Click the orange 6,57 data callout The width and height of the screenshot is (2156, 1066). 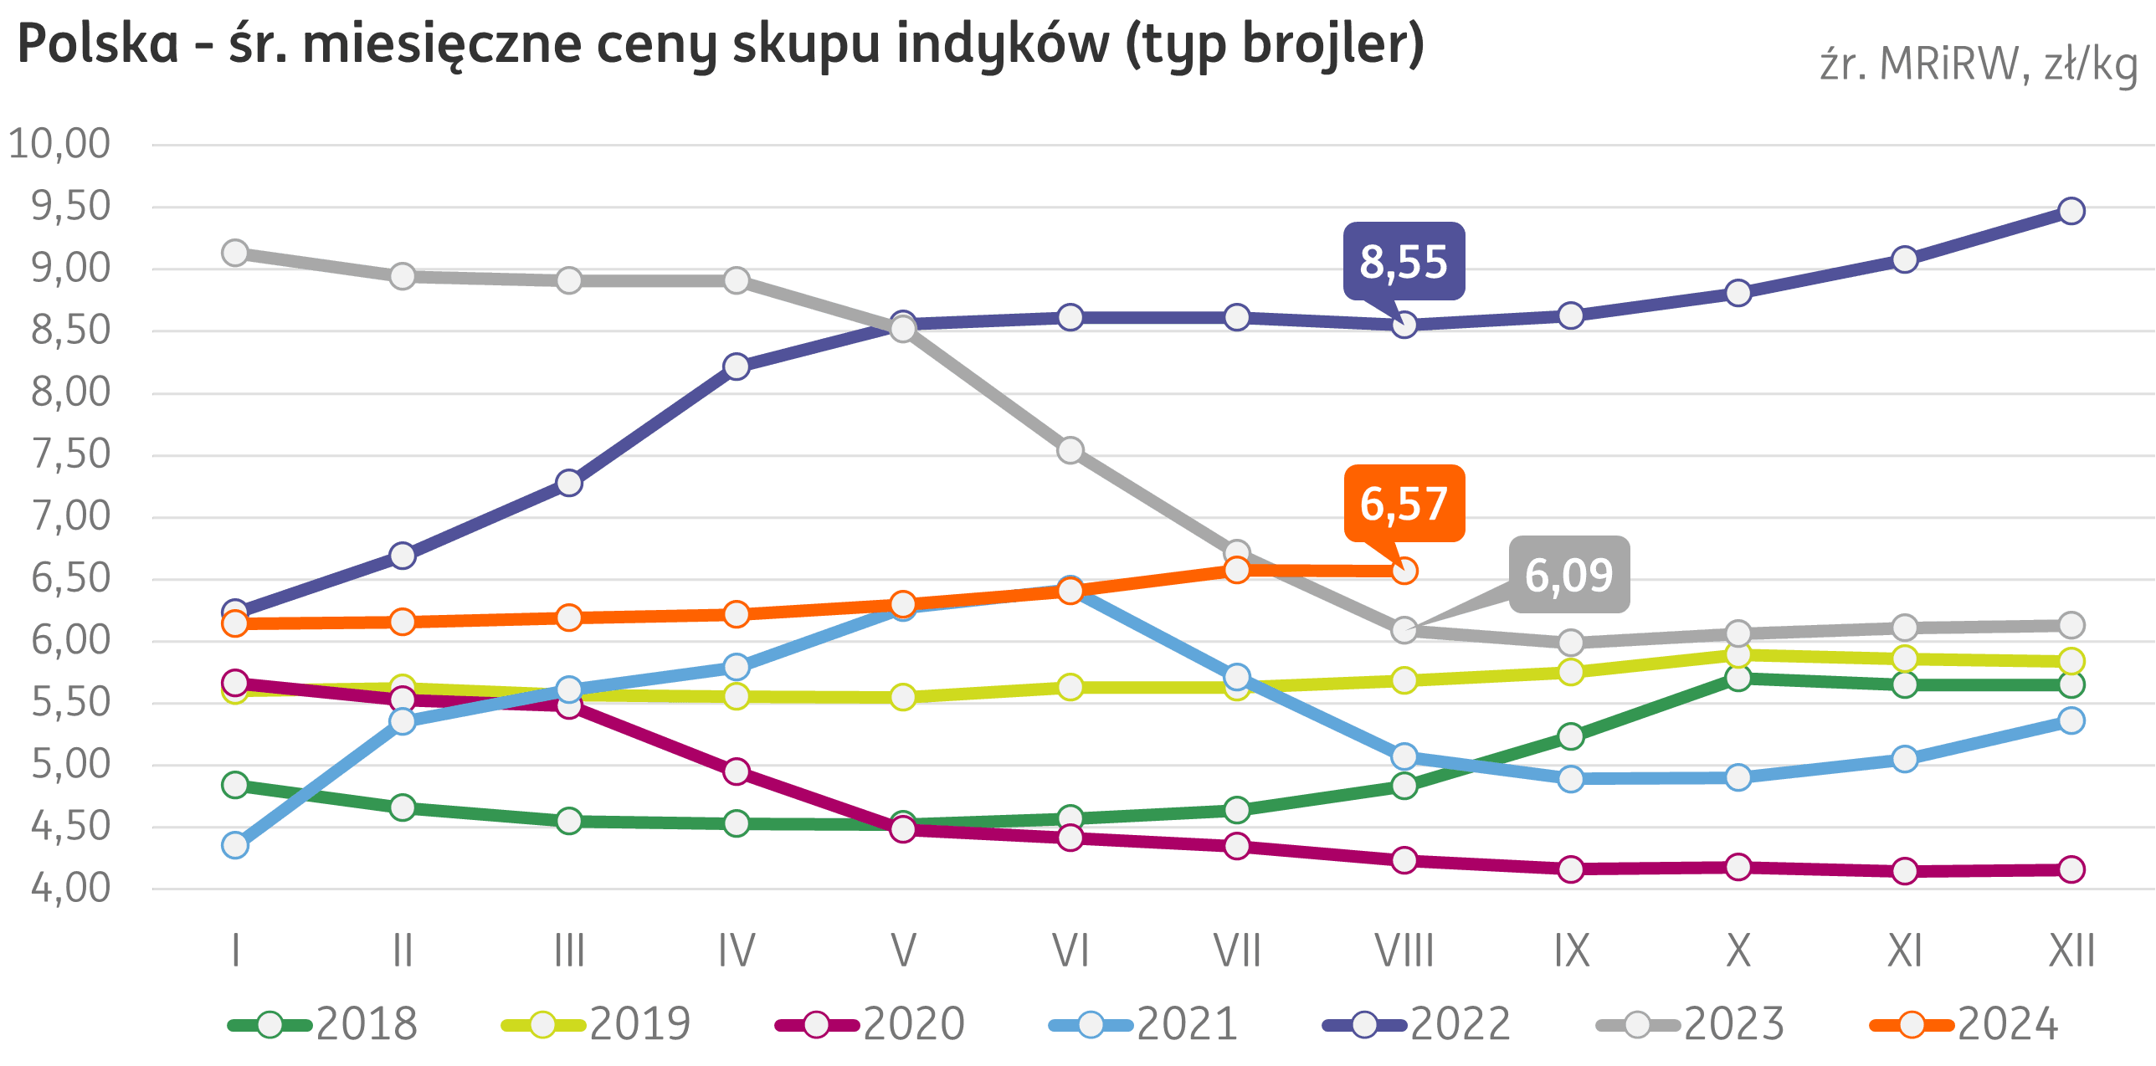[x=1404, y=503]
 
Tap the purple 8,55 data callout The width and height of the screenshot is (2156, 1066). [x=1404, y=261]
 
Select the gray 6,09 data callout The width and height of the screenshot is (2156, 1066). [x=1568, y=575]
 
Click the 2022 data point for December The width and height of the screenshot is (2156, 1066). [x=2071, y=211]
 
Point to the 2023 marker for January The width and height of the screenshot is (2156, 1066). [x=235, y=253]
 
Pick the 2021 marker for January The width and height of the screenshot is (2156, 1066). [x=235, y=845]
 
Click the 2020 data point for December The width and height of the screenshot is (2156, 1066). [x=2071, y=869]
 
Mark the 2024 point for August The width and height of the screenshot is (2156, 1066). [x=1404, y=571]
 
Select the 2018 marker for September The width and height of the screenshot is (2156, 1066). [x=1571, y=736]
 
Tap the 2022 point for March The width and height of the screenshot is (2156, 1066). [x=569, y=483]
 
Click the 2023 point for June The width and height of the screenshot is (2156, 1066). [x=1070, y=450]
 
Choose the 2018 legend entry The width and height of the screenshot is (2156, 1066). [x=323, y=1024]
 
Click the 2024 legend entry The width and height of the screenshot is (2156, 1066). [x=1964, y=1024]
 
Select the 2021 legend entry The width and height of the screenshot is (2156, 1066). [x=1143, y=1024]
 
